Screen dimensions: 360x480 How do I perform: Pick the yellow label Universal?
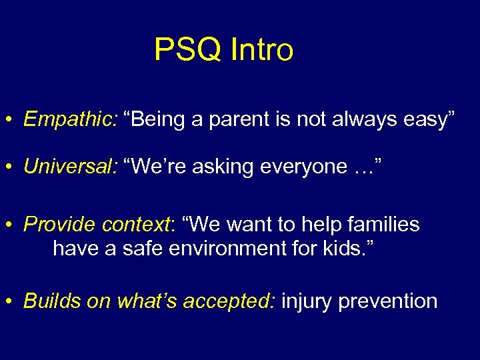(70, 165)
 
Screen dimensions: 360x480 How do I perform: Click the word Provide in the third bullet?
(59, 225)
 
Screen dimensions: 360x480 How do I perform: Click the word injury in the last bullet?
(307, 301)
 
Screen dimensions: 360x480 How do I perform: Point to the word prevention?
(388, 301)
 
